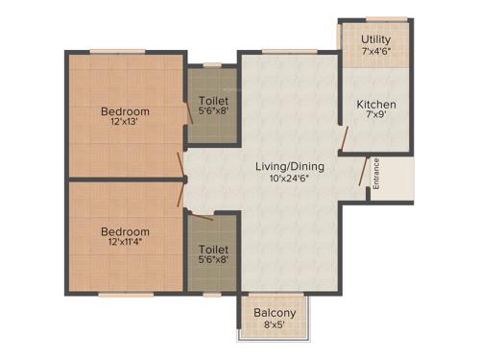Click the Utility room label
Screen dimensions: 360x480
[x=375, y=39]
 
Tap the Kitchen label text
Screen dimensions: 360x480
[x=376, y=105]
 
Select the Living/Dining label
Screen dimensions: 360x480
[x=289, y=166]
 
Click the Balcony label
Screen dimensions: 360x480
[x=275, y=313]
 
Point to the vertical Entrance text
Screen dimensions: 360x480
[x=376, y=173]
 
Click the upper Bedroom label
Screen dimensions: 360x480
[x=125, y=111]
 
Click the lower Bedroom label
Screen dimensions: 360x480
[x=125, y=231]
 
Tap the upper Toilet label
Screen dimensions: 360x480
[x=212, y=100]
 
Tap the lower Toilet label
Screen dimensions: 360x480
[x=212, y=249]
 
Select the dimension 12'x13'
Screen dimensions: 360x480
[x=125, y=124]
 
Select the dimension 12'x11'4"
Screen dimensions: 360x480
[x=125, y=244]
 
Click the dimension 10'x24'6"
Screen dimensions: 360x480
[x=289, y=179]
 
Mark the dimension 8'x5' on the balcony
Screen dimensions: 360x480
[x=275, y=325]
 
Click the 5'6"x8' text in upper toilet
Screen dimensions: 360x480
[x=212, y=111]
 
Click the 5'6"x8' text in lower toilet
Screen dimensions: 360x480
[x=212, y=260]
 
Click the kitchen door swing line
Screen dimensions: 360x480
[x=343, y=136]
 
